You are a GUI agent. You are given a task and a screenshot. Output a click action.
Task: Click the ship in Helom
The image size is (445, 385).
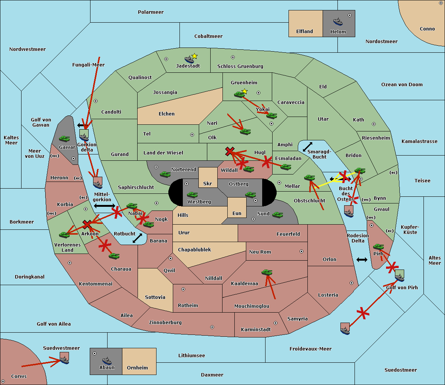(338, 22)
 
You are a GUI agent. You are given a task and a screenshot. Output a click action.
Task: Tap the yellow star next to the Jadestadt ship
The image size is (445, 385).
(194, 56)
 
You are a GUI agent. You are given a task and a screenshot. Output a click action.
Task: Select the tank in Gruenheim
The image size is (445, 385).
(240, 94)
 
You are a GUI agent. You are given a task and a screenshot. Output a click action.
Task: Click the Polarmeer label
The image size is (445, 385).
(151, 12)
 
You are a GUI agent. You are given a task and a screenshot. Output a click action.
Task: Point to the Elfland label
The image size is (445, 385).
(304, 32)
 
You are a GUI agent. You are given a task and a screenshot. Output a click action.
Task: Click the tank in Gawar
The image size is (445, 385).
(65, 138)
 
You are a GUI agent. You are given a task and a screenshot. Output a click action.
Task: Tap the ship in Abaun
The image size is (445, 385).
(107, 360)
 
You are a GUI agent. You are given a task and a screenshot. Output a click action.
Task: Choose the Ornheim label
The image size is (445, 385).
(137, 368)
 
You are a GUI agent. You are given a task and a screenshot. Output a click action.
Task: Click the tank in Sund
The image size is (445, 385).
(277, 215)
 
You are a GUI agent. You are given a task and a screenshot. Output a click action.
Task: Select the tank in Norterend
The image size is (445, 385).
(165, 174)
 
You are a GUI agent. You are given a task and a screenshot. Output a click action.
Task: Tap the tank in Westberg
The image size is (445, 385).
(192, 195)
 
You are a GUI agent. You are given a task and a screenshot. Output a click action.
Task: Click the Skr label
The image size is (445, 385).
(208, 183)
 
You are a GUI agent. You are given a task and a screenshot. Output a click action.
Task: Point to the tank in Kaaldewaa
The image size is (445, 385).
(267, 272)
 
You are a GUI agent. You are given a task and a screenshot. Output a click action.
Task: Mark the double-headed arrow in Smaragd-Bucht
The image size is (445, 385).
(307, 147)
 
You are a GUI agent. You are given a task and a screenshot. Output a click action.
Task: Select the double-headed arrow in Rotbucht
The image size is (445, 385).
(137, 238)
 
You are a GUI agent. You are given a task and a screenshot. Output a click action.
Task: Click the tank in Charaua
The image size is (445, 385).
(114, 256)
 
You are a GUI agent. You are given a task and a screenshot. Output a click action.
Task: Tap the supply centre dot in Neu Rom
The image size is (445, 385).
(301, 251)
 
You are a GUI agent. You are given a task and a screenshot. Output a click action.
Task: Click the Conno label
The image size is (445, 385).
(427, 29)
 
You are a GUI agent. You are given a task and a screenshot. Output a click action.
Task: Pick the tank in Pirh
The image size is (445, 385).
(378, 247)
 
